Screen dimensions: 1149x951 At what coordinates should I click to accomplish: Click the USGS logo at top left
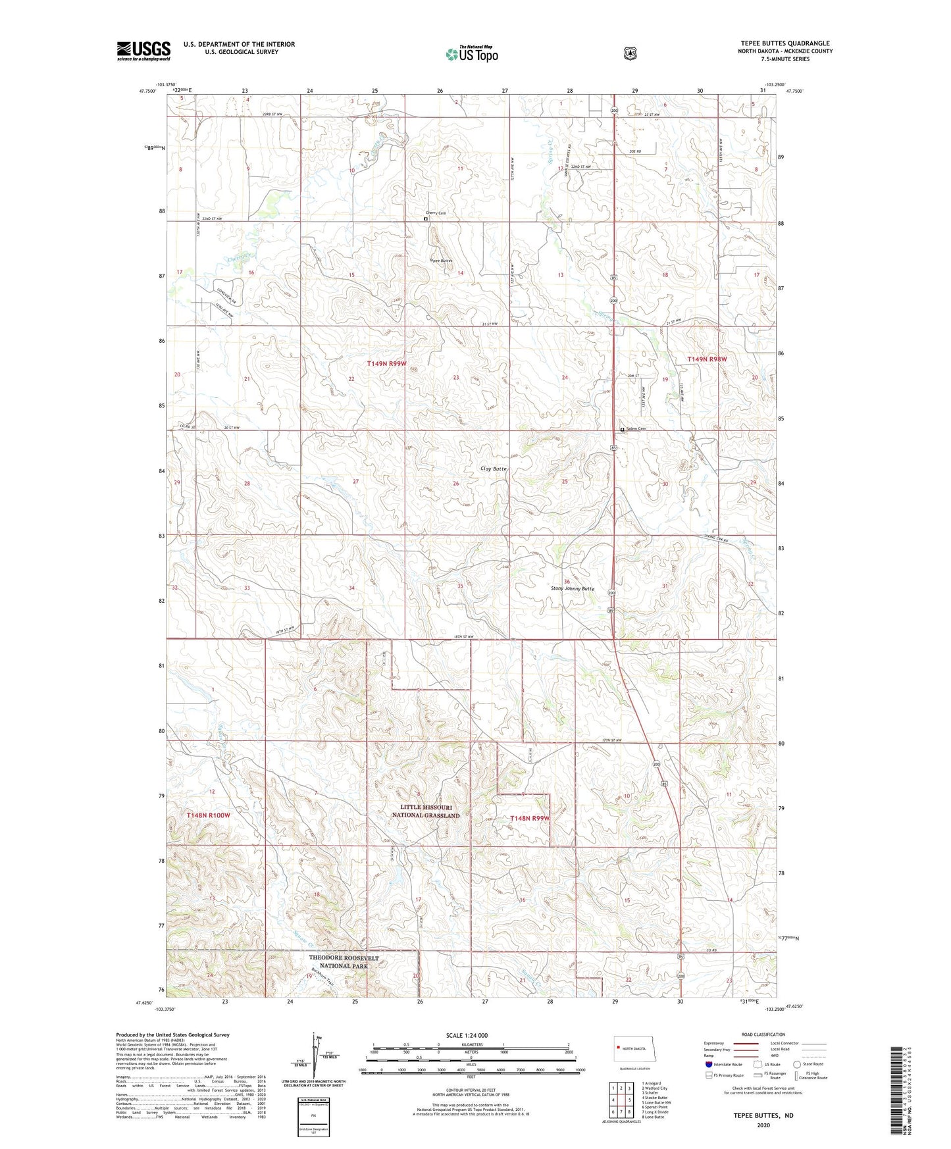tap(143, 51)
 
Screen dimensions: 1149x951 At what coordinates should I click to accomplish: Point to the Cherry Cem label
tap(436, 213)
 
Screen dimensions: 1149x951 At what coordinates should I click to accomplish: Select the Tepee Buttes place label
tap(441, 261)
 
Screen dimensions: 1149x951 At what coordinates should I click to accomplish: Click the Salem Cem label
tap(636, 429)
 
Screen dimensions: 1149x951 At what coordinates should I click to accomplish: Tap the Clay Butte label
tap(494, 469)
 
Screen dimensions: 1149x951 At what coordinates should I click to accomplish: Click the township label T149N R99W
tap(386, 363)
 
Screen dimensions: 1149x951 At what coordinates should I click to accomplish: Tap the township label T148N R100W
tap(209, 815)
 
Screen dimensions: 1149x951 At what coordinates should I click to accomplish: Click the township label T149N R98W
tap(707, 359)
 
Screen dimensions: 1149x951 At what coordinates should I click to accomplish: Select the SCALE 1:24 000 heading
tap(467, 1035)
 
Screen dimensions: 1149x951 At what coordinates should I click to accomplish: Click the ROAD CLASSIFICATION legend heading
tap(763, 1034)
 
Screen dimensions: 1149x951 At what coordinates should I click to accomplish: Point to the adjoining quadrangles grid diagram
tap(621, 1099)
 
